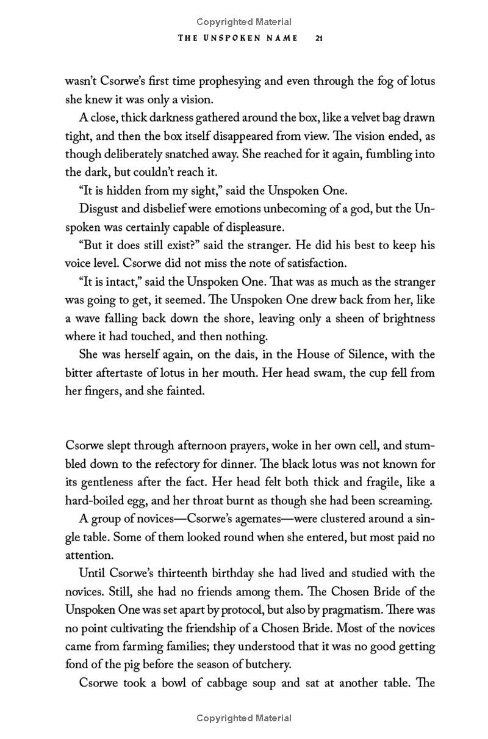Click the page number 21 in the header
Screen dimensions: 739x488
pyautogui.click(x=318, y=38)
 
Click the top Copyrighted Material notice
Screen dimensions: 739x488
pyautogui.click(x=244, y=22)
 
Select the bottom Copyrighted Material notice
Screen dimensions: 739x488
pyautogui.click(x=244, y=718)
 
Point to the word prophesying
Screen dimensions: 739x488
pyautogui.click(x=234, y=81)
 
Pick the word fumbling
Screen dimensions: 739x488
pyautogui.click(x=384, y=154)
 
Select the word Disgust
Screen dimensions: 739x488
pyautogui.click(x=98, y=209)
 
